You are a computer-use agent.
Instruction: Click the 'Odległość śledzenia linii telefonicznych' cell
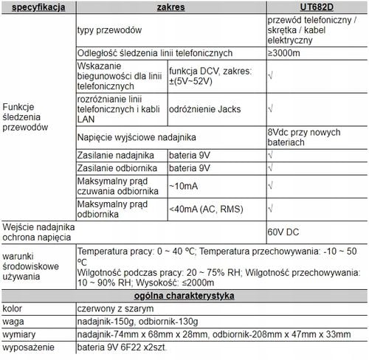(154, 53)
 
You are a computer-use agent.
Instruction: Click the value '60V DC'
(284, 232)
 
